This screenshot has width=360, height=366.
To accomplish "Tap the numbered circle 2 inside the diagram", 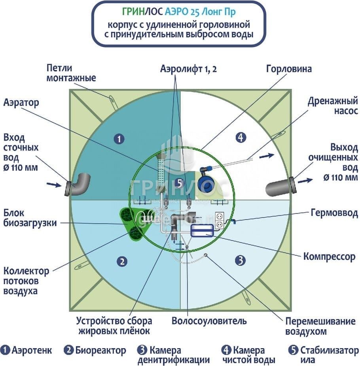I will click(x=123, y=261).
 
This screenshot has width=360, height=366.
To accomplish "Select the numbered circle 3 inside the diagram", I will click(x=240, y=260).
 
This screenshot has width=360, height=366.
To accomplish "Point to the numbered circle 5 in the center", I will click(x=179, y=183).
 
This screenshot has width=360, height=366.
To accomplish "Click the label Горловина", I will click(x=289, y=69).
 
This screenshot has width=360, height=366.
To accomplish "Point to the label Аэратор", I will click(x=21, y=103).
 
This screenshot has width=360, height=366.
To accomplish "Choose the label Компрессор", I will click(x=330, y=256).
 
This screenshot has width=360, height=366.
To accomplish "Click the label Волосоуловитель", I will click(x=209, y=321).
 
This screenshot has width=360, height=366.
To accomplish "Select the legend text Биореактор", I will click(x=100, y=350).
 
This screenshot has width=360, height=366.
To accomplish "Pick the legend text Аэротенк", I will click(x=32, y=350).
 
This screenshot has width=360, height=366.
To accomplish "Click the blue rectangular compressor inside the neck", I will click(x=202, y=230).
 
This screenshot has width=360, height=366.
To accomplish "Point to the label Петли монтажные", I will click(x=71, y=72).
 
